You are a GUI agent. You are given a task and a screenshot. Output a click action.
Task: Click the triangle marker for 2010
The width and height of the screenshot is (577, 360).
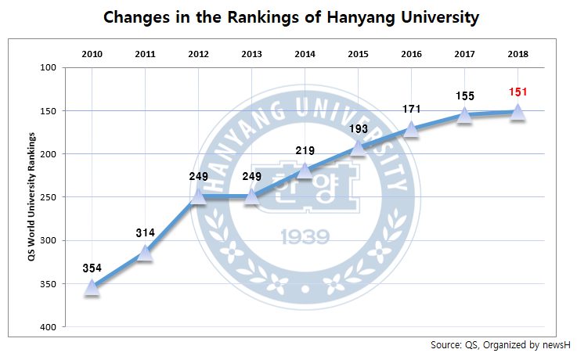(92, 288)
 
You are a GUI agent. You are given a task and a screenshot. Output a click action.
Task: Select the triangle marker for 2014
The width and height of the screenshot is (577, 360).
(305, 171)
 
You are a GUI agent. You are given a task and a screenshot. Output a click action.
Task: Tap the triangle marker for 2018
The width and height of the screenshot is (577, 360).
(517, 113)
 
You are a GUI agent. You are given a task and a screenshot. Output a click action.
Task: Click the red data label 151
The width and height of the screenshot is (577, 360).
(517, 92)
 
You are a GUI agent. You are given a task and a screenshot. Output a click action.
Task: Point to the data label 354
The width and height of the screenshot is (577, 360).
(92, 268)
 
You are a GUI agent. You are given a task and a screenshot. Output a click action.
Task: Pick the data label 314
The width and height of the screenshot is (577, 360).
(145, 233)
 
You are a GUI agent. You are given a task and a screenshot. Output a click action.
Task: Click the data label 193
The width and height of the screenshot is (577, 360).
(358, 128)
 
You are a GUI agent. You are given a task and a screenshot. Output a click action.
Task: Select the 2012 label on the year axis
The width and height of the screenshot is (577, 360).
(198, 54)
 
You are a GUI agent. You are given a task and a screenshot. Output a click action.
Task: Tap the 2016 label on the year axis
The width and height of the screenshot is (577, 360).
(411, 54)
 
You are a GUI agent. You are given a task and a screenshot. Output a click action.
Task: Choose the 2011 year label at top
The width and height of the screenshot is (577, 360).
(145, 54)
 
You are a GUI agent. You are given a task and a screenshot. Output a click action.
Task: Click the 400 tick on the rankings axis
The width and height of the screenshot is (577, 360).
(49, 327)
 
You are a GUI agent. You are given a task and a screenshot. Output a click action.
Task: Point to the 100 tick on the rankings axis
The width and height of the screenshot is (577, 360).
(49, 67)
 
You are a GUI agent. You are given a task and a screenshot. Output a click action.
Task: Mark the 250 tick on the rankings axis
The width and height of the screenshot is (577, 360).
(49, 197)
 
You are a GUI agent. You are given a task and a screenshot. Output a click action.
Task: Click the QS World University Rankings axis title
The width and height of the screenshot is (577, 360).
(32, 196)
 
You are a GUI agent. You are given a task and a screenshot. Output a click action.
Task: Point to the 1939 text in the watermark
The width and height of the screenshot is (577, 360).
(305, 236)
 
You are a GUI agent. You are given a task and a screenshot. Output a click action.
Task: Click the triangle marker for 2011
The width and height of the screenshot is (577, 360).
(145, 253)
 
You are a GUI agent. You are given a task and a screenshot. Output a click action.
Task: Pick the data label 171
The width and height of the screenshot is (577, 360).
(411, 110)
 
